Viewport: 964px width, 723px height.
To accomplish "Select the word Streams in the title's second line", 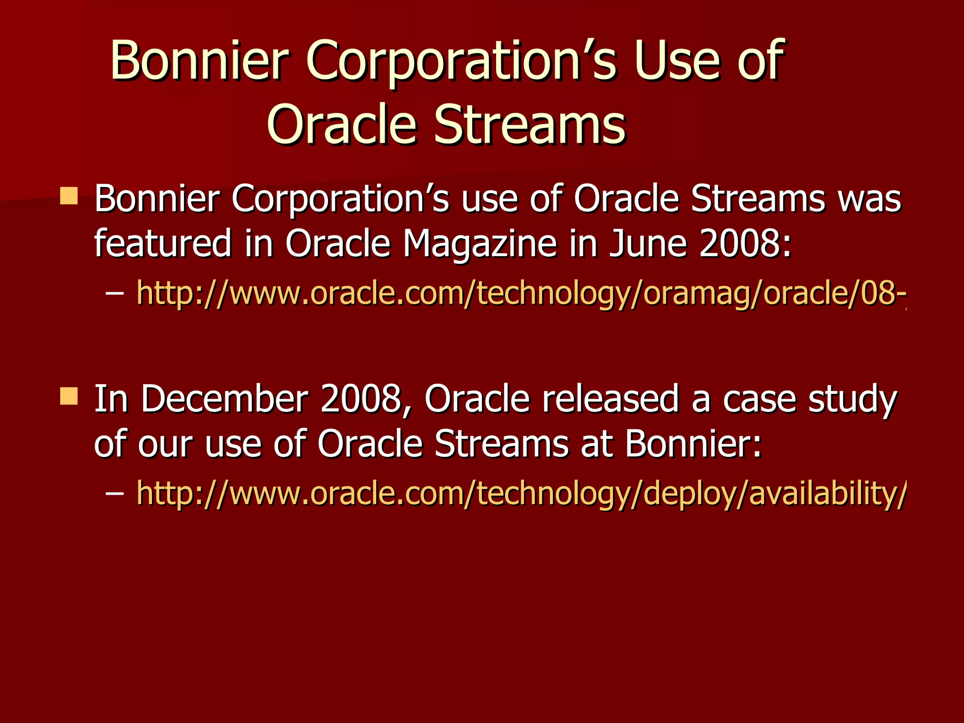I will (530, 125).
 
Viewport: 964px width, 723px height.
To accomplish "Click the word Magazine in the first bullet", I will (480, 244).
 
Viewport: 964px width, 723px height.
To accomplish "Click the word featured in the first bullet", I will (163, 244).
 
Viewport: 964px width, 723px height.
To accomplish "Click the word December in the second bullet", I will (225, 399).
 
